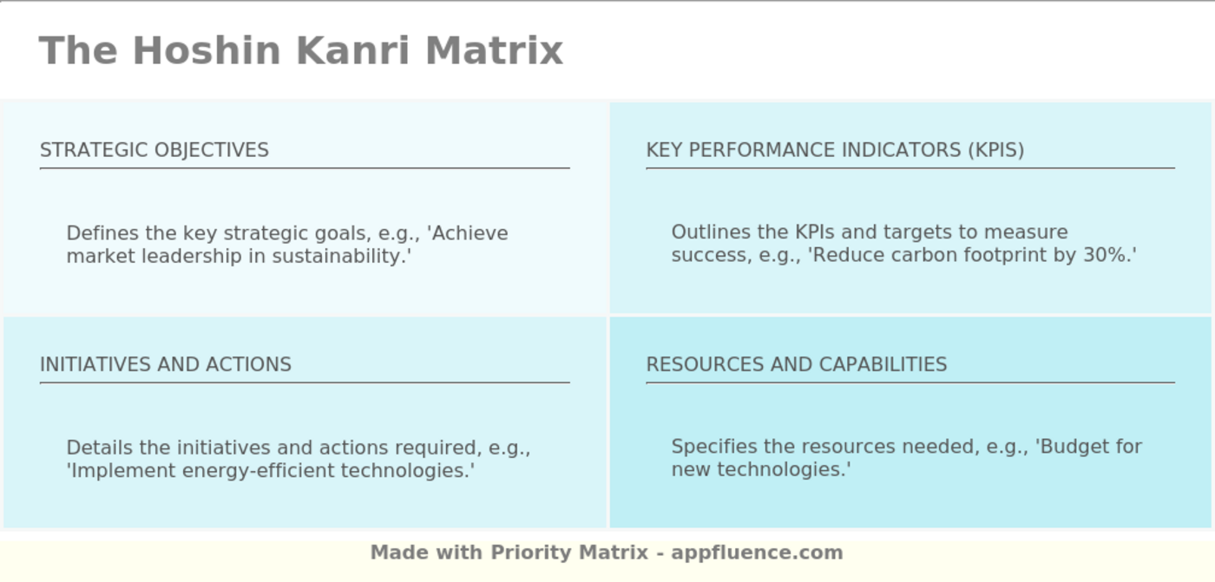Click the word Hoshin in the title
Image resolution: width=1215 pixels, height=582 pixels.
207,50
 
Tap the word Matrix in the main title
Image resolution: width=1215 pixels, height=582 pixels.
494,50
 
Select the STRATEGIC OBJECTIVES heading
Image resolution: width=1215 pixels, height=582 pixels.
154,150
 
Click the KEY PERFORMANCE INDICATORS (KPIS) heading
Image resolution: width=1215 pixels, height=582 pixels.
835,150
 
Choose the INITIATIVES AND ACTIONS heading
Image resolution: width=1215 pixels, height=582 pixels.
166,364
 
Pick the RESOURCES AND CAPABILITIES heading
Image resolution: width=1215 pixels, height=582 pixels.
797,364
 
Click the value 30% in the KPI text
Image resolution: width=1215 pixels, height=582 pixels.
1104,255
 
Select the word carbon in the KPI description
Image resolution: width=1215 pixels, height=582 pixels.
919,255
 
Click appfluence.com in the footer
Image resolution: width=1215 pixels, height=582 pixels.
757,553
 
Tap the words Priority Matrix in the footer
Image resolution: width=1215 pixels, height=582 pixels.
569,553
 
